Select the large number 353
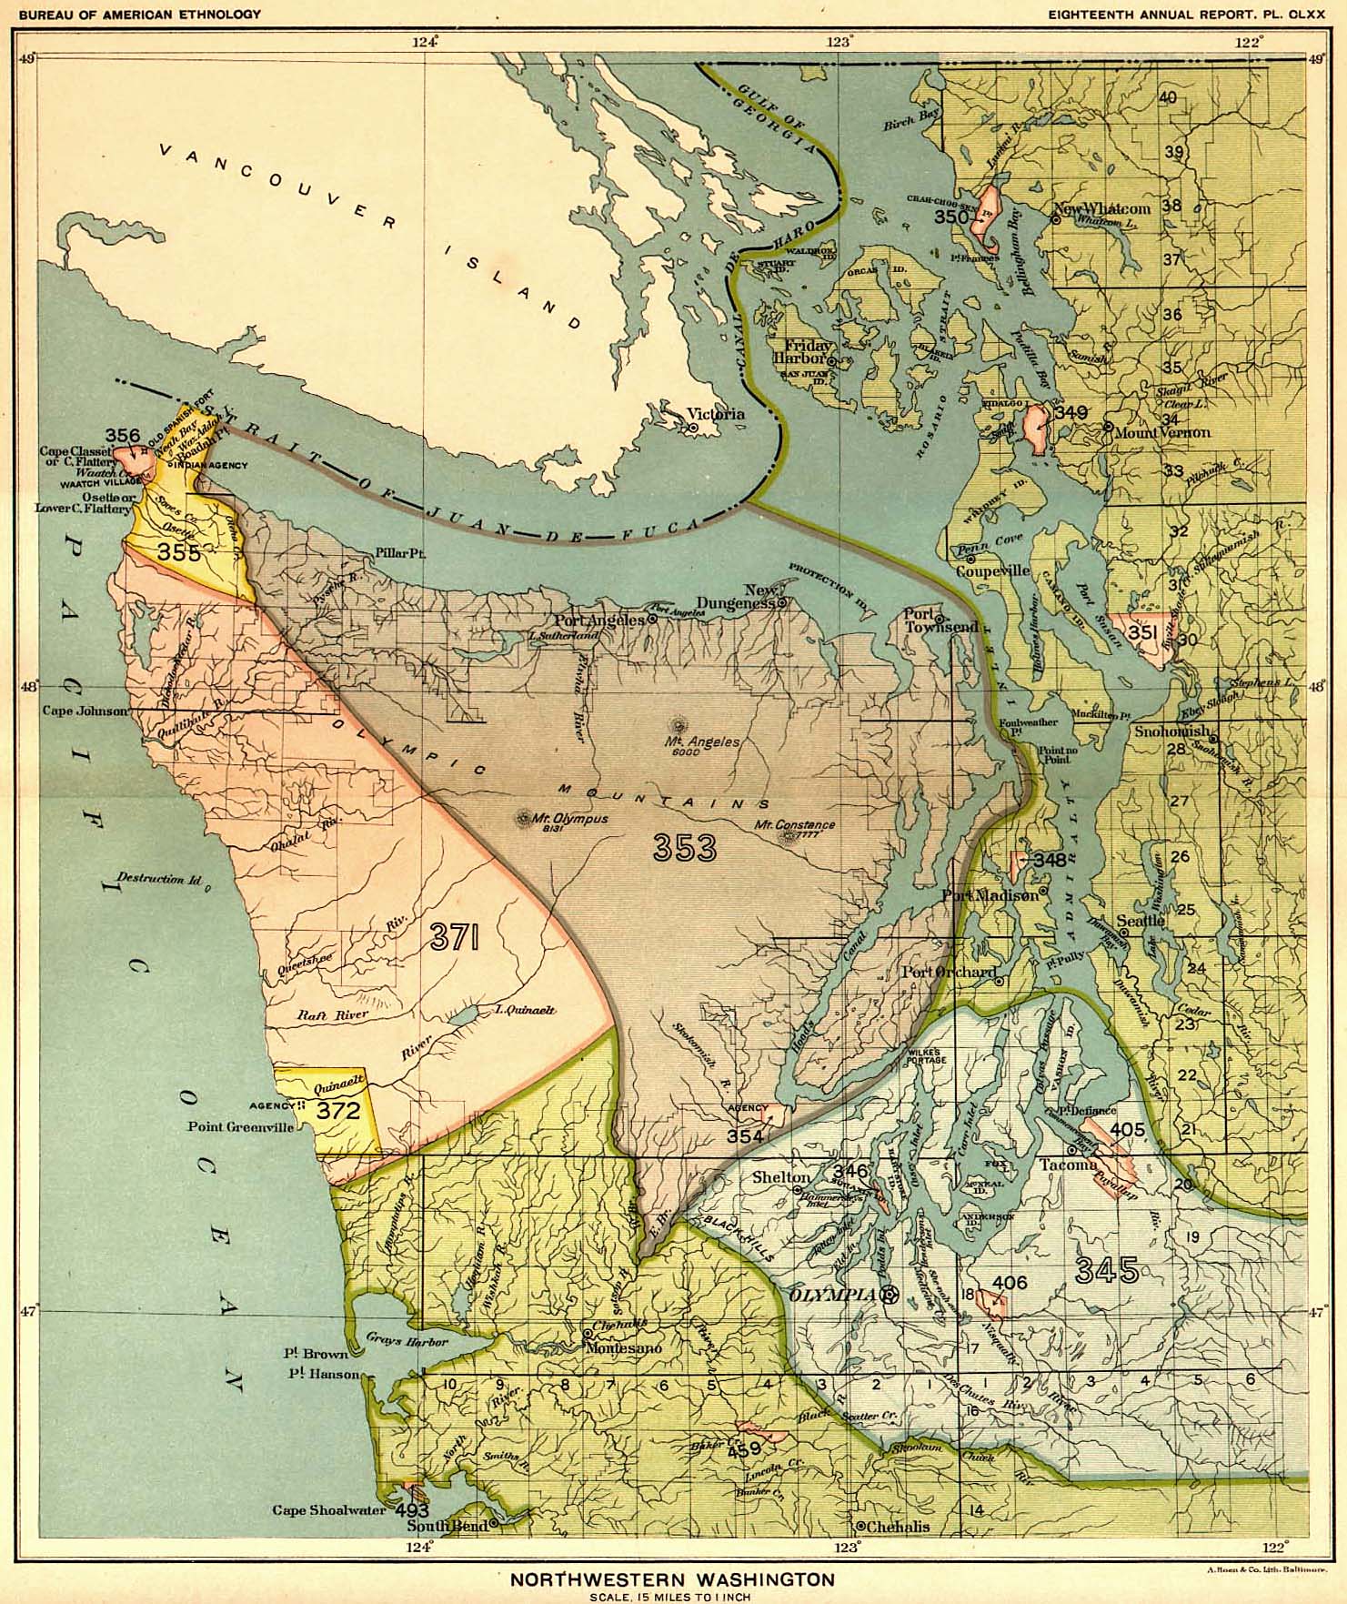pos(684,848)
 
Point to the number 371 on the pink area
pos(455,937)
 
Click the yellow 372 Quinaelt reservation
pos(338,1110)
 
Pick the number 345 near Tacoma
pos(1106,1270)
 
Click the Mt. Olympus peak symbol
pos(525,818)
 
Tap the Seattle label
pos(1141,921)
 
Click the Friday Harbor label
pos(802,351)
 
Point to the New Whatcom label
pos(1103,208)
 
